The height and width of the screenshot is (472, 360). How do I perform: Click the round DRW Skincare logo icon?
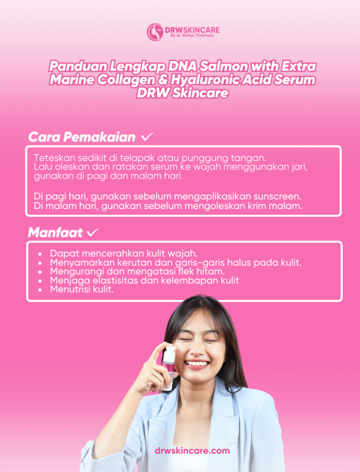click(x=155, y=32)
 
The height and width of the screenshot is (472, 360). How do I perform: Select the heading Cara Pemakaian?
click(x=82, y=137)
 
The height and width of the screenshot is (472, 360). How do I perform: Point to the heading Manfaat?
click(x=55, y=232)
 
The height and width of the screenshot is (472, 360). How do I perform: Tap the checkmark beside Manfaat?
click(x=93, y=232)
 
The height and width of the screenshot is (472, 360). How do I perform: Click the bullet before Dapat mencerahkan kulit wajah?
click(x=41, y=253)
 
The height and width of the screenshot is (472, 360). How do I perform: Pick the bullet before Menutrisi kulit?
click(x=41, y=289)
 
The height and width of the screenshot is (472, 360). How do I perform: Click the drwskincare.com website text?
click(x=192, y=451)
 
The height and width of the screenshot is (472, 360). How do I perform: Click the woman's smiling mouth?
click(x=198, y=364)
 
